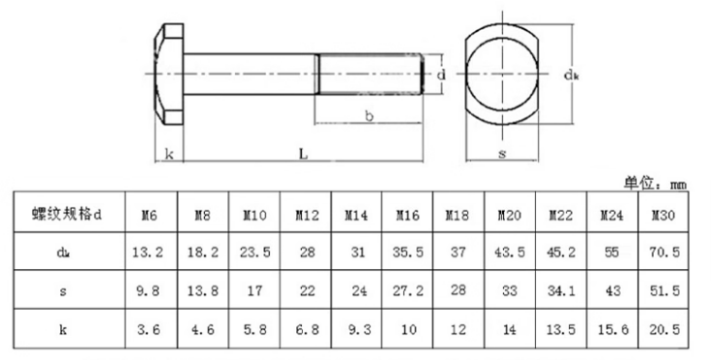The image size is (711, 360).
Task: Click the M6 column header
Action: tap(149, 215)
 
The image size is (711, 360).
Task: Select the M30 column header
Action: tap(664, 215)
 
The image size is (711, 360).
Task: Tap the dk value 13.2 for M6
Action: tap(148, 252)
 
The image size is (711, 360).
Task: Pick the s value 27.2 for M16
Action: tap(408, 290)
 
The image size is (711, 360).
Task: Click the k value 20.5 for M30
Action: tap(665, 329)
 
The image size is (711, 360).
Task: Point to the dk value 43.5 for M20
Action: tap(510, 252)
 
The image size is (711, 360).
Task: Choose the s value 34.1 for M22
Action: tap(561, 290)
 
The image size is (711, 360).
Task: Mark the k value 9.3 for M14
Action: tap(359, 329)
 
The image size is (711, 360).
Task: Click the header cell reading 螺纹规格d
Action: tap(67, 214)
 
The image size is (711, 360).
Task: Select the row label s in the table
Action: tap(63, 291)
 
